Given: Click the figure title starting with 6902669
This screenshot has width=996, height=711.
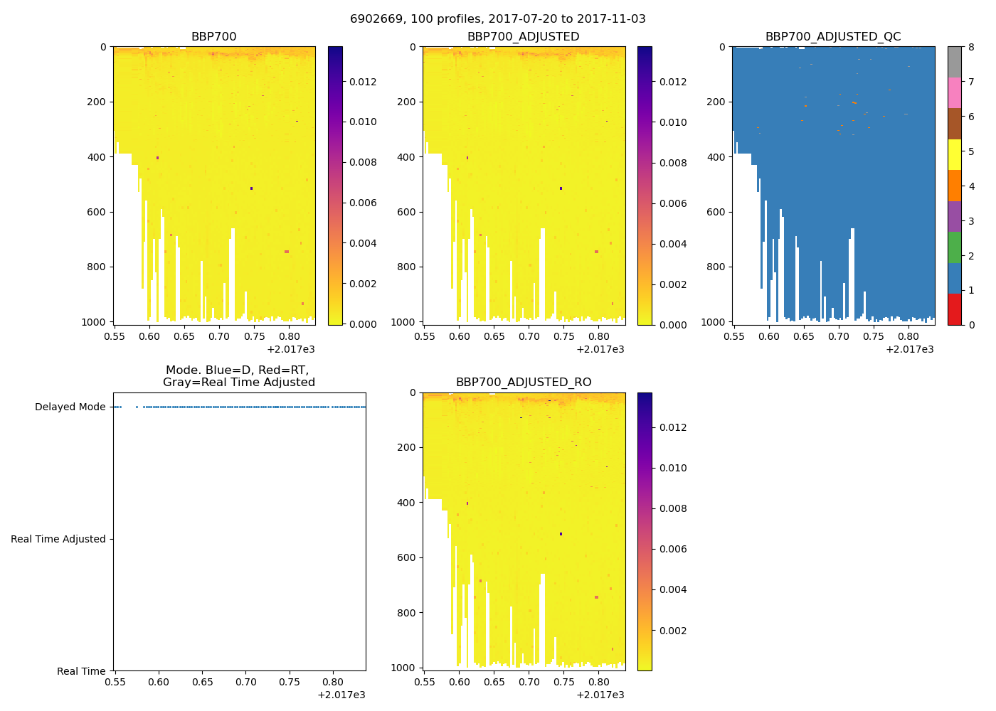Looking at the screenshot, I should coord(497,19).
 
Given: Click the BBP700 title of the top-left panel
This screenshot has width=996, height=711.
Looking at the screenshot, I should coord(213,37).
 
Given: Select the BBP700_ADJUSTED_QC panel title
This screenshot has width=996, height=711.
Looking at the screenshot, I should coord(833,37).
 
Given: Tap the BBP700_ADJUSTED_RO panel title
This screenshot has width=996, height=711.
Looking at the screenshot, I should coord(524,383).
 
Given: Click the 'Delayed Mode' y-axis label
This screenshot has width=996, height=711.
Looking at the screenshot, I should coord(70,407).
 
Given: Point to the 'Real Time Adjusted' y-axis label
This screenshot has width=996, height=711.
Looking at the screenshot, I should coord(58,539).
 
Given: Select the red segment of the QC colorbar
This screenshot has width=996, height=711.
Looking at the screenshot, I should coord(954,309).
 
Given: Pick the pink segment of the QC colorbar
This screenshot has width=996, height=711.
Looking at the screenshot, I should coord(954,92).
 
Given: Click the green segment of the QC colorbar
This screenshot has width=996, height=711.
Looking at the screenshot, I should coord(954,247).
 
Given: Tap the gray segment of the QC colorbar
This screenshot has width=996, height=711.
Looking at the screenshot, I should coord(954,62).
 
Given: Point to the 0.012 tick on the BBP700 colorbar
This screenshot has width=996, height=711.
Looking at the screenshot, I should coord(363,82).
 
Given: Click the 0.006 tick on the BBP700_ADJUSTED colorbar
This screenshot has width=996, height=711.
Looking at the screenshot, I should coord(672,203).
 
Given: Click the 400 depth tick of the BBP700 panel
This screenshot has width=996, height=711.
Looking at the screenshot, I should coord(98,157).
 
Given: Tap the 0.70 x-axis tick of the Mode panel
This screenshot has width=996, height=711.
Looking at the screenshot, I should coord(245,682).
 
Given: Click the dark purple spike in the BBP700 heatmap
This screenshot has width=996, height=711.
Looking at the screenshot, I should coord(252,188).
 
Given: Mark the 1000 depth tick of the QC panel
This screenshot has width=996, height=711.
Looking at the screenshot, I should coord(713,322).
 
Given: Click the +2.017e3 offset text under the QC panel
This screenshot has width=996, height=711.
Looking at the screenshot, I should coord(909,349).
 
